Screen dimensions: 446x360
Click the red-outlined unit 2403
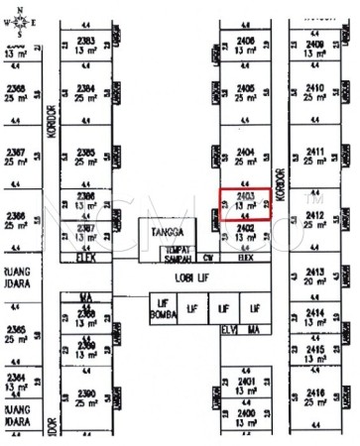coord(246,201)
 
